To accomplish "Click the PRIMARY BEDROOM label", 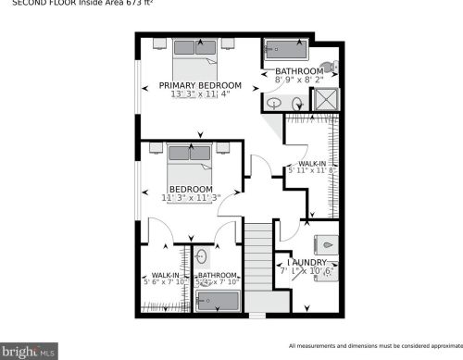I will (x=194, y=84).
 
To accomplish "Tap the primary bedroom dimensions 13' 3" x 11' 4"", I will (x=194, y=94).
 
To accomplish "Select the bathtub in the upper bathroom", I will (x=288, y=51).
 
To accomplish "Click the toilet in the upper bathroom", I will (x=336, y=68).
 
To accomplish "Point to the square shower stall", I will (x=326, y=100).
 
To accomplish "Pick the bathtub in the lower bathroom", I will (x=219, y=302).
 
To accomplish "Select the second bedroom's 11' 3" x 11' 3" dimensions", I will (x=191, y=197).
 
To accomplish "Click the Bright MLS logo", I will (x=29, y=352).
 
